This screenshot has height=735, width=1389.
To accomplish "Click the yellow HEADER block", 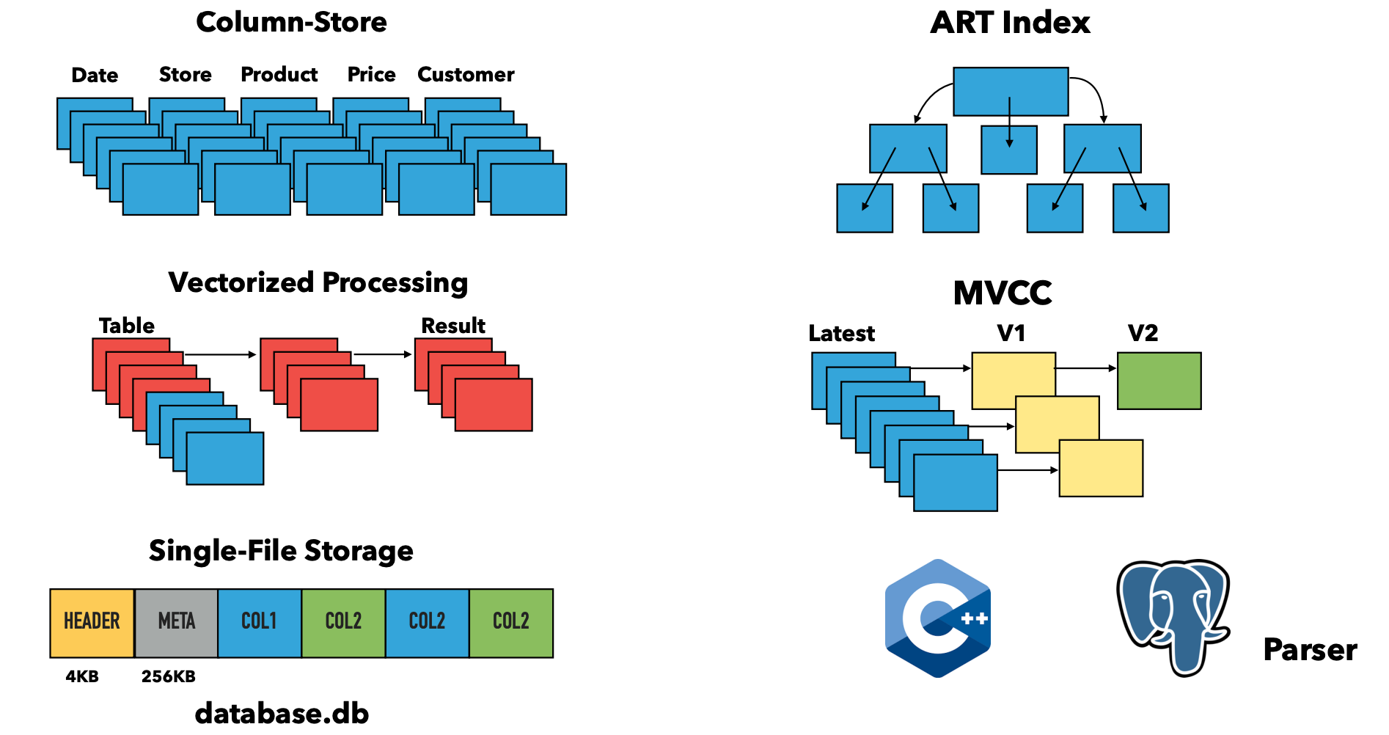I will [x=92, y=622].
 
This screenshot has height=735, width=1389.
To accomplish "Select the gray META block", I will [x=176, y=622].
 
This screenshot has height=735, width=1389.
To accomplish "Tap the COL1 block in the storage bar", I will [x=259, y=622].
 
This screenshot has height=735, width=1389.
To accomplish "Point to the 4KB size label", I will [x=82, y=676].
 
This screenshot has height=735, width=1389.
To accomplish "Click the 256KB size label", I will [x=169, y=676].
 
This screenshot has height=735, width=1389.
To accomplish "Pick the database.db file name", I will [x=282, y=713].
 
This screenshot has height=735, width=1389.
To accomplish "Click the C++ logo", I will [x=938, y=618].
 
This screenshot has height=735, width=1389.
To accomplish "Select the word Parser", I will [x=1310, y=650].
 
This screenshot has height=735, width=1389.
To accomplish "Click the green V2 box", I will [x=1159, y=381].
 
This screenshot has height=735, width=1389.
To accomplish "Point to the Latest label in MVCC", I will [x=841, y=334].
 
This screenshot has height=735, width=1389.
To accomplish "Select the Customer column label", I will [x=466, y=75].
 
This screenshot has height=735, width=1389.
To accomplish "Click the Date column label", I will [x=95, y=76].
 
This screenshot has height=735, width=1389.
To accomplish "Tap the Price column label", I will [x=371, y=75].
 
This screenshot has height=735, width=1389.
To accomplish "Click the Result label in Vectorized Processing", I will [x=453, y=326].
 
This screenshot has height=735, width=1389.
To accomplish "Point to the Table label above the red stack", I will [x=127, y=326].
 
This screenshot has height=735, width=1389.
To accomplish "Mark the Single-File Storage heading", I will [x=281, y=551].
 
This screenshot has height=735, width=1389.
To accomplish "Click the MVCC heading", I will [x=1003, y=293].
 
